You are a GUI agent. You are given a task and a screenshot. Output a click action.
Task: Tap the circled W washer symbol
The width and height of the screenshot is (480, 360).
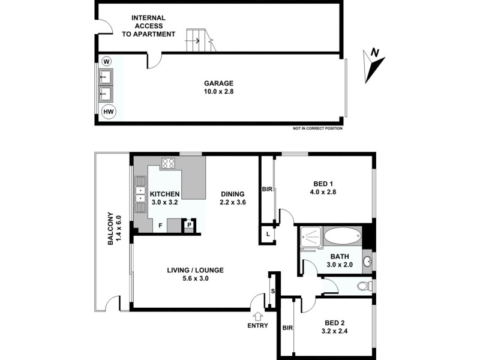[x=107, y=61]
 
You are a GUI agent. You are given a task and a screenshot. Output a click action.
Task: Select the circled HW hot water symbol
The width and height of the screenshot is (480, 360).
[x=109, y=112]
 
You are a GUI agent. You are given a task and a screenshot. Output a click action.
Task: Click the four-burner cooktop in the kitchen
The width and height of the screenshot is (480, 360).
[x=168, y=163]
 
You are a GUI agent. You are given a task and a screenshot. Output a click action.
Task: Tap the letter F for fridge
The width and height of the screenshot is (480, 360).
[x=160, y=226]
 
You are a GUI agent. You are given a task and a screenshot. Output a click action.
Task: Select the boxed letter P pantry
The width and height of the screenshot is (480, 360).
[x=190, y=225]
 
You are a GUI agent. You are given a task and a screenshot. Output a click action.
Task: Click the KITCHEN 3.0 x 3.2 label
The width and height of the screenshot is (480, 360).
[x=164, y=198]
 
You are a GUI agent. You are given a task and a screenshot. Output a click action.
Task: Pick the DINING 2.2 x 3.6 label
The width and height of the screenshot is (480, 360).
[x=232, y=198]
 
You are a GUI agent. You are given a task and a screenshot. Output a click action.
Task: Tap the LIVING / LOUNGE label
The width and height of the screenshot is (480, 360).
[x=196, y=274]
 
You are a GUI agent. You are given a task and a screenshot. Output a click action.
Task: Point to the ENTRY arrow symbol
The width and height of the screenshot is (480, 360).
[x=259, y=316]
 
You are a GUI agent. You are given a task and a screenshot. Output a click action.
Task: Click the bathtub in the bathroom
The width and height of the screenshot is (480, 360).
[x=342, y=237]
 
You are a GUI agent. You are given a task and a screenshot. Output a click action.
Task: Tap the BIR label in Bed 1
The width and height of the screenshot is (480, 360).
[x=267, y=190]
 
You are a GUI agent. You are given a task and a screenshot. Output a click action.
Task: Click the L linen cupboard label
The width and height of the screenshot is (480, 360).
[x=266, y=233]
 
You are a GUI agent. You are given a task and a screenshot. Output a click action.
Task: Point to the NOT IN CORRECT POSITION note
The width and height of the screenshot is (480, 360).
[x=317, y=128]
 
